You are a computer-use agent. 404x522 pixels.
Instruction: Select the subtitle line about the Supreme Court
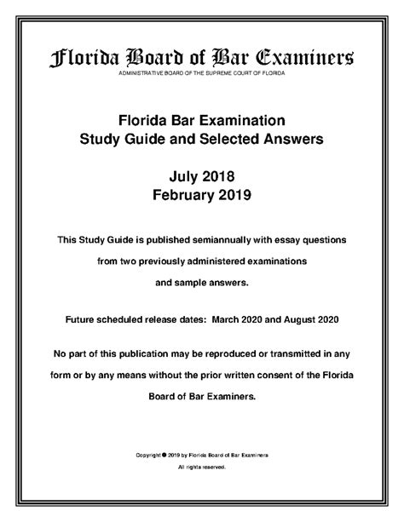click(x=201, y=76)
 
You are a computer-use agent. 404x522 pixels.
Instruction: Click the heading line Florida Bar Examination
click(x=201, y=120)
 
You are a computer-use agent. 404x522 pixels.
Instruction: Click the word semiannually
click(x=222, y=241)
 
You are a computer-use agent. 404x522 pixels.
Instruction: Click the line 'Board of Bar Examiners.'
click(x=201, y=396)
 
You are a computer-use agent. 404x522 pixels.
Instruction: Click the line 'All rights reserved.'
click(x=201, y=468)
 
